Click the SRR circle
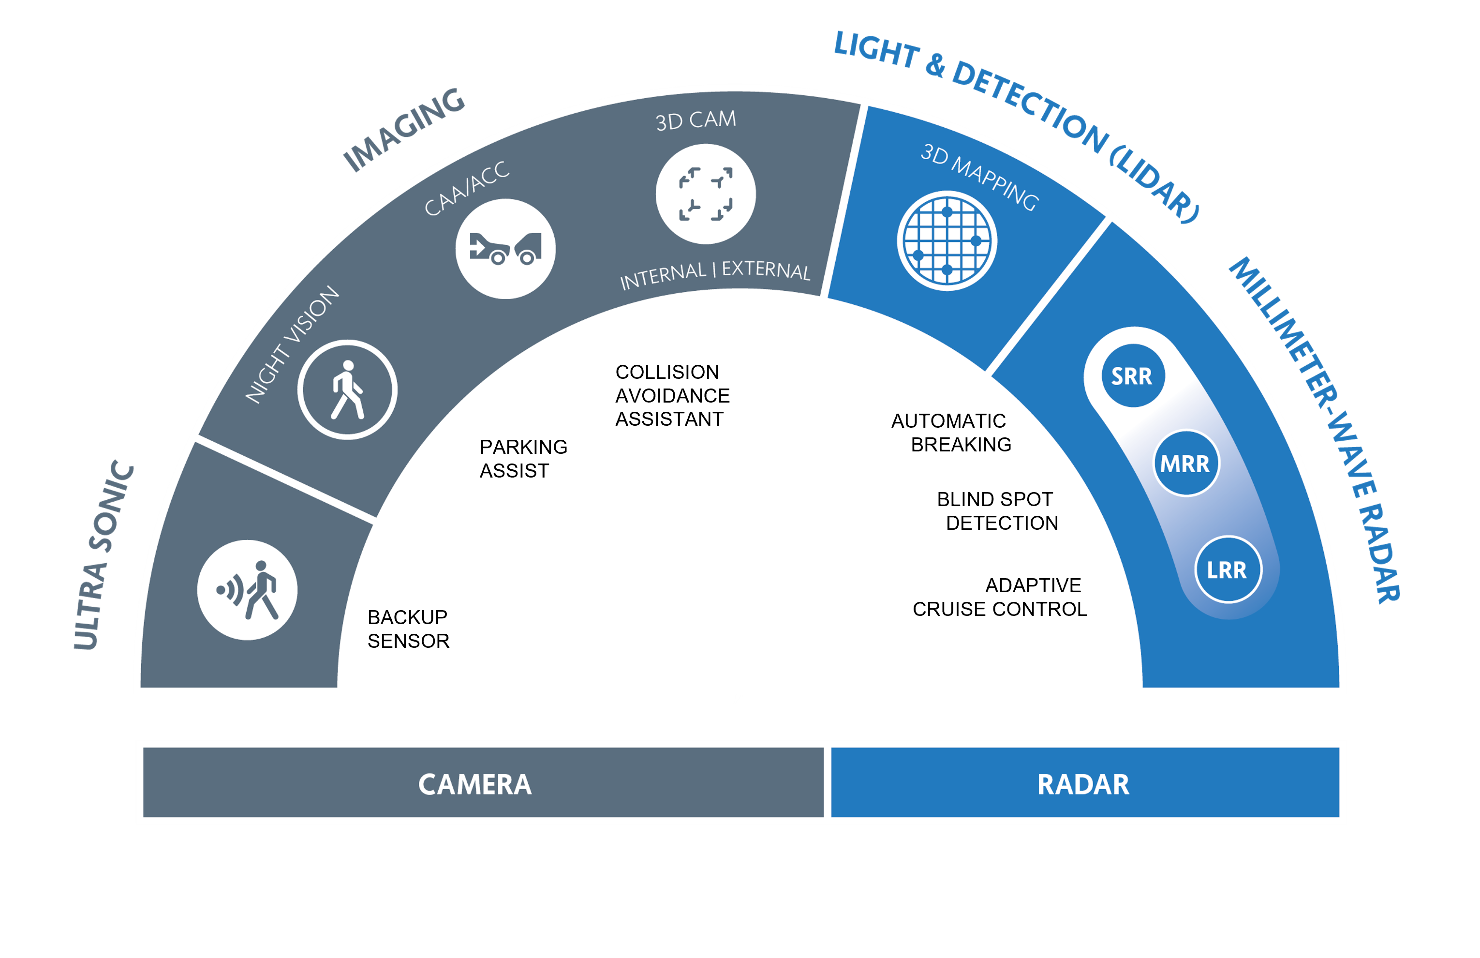[x=1133, y=376]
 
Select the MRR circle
[x=1186, y=464]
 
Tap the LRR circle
[x=1228, y=569]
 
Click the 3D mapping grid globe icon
[x=947, y=241]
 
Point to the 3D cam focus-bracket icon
[x=706, y=194]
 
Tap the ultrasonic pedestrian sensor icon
[x=248, y=590]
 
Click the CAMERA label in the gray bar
[x=475, y=784]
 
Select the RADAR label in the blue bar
[x=1083, y=784]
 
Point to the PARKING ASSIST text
[x=524, y=459]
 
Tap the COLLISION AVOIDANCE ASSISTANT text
[x=672, y=396]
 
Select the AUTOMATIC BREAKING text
[x=951, y=433]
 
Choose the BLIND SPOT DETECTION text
[x=997, y=511]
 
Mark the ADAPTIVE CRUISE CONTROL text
[x=1000, y=597]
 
